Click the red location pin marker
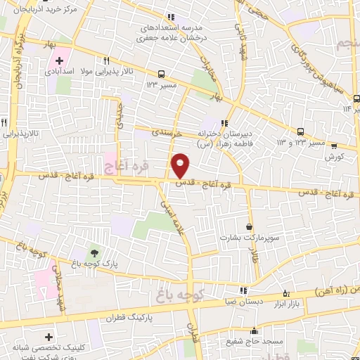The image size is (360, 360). point(181,166)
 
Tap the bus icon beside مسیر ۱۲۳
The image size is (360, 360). point(162,74)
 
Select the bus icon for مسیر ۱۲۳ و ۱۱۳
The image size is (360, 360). point(301,131)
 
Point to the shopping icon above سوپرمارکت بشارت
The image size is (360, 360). point(250,227)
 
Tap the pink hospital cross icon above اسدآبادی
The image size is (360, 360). point(60,60)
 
